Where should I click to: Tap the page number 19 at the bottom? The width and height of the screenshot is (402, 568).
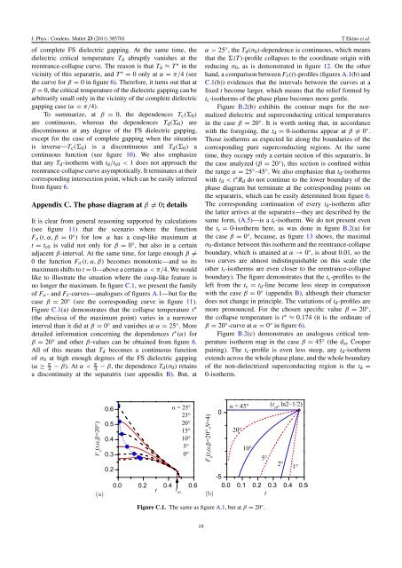coord(201,550)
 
